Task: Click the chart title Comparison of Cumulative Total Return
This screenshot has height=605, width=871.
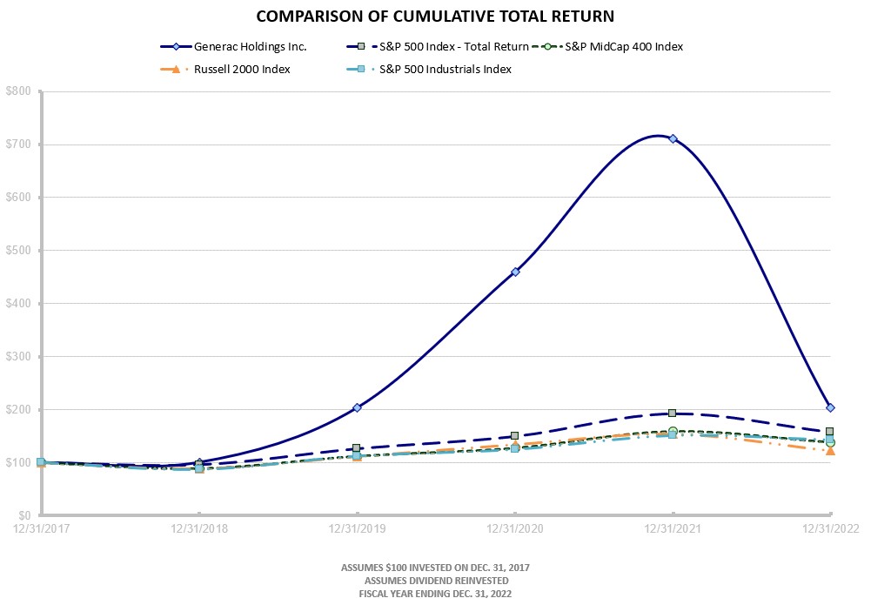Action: [x=435, y=17]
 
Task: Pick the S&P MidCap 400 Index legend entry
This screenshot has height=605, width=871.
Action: [x=623, y=47]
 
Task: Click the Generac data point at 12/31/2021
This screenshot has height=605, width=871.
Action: [x=673, y=138]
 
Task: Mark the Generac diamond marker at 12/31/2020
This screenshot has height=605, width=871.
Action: [x=515, y=272]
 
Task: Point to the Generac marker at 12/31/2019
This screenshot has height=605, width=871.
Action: [x=357, y=407]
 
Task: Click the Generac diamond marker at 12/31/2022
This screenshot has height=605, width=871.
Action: [x=830, y=407]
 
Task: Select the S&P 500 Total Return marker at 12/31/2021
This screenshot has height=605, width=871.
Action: [x=673, y=413]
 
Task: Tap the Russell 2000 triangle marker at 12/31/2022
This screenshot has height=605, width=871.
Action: [x=830, y=450]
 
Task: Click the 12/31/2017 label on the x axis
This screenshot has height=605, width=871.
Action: [x=41, y=528]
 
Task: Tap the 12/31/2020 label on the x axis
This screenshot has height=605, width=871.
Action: [x=515, y=528]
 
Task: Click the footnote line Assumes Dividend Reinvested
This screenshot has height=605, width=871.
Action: [x=435, y=580]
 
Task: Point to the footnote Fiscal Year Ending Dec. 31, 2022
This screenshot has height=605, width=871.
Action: [x=435, y=593]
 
